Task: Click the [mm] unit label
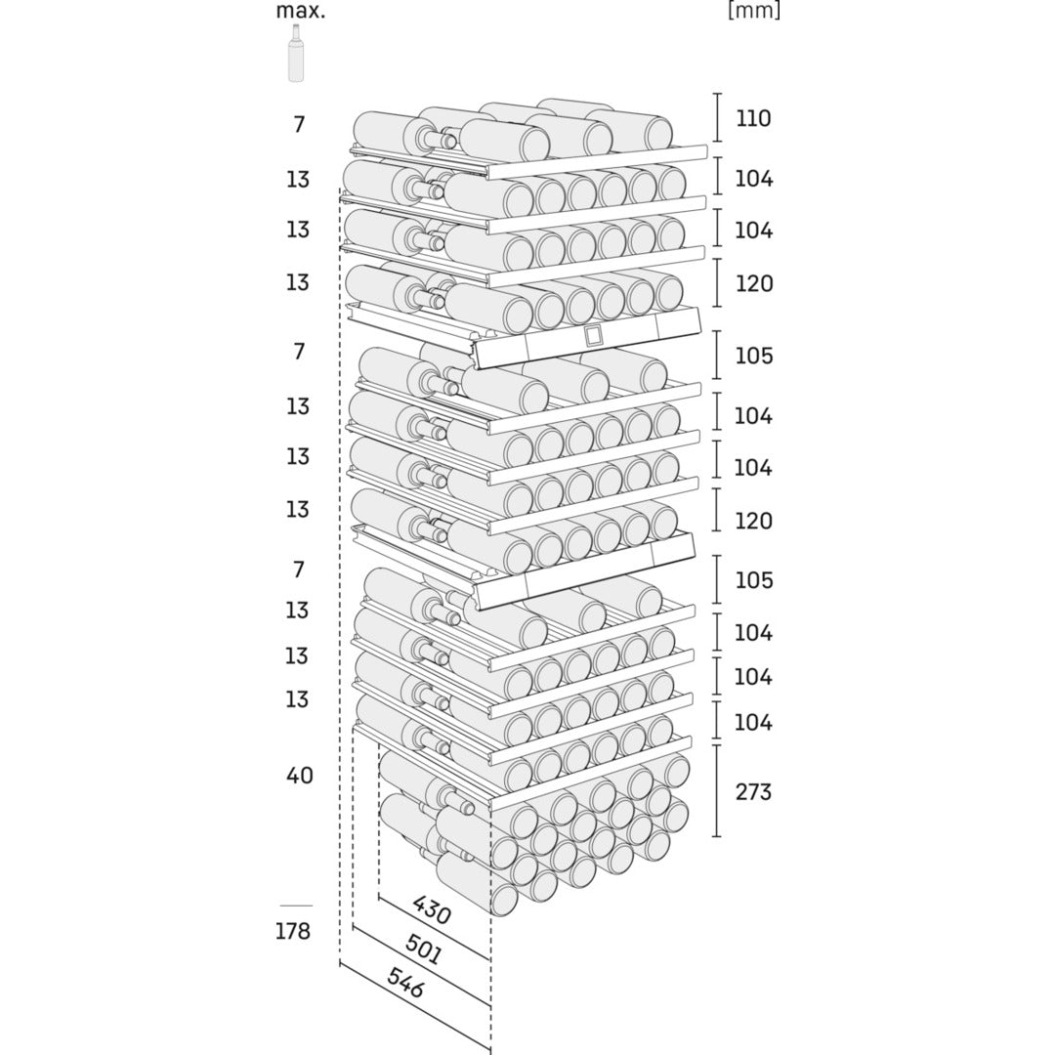[753, 11]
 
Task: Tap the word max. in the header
[300, 11]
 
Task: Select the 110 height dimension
[753, 119]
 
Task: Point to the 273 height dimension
[753, 791]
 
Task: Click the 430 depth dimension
[431, 910]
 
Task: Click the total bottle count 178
[292, 931]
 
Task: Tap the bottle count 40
[299, 776]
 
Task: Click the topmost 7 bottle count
[299, 125]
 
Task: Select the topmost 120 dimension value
[753, 284]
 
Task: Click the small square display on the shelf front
[594, 336]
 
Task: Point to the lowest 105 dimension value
[753, 580]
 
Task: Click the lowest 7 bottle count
[299, 569]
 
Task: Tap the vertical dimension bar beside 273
[718, 790]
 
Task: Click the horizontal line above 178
[296, 906]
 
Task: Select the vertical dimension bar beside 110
[718, 118]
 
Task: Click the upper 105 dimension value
[753, 356]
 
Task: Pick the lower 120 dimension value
[753, 521]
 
